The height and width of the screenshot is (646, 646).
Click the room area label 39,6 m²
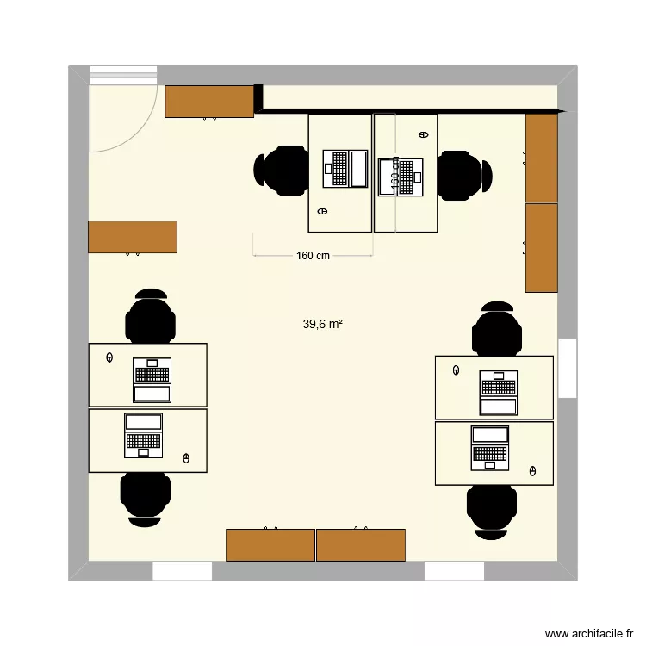click(323, 325)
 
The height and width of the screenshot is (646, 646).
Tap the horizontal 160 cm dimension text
click(313, 256)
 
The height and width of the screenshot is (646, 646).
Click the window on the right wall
click(567, 368)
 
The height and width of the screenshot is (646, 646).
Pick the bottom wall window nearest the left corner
click(183, 571)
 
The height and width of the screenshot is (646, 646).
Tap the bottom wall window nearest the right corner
click(455, 571)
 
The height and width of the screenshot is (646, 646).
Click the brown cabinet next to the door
click(209, 102)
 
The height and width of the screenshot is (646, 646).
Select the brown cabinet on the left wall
click(133, 236)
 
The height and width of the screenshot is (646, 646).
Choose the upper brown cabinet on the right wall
click(542, 158)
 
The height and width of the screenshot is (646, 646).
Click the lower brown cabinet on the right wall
click(542, 248)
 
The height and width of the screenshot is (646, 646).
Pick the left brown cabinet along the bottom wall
click(270, 545)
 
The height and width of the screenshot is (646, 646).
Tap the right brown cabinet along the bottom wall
click(361, 545)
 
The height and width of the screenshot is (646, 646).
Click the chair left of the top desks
click(281, 171)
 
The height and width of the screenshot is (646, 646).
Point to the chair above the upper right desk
click(497, 328)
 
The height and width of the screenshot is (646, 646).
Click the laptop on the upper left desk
click(152, 380)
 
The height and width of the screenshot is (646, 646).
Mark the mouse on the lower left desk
click(187, 458)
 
